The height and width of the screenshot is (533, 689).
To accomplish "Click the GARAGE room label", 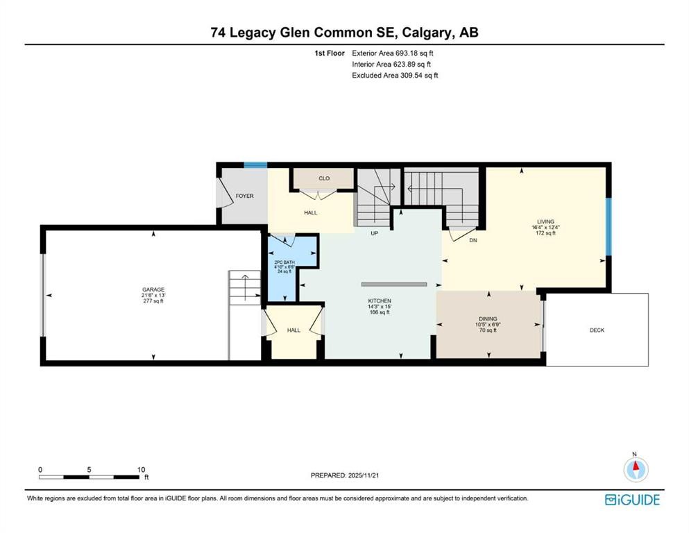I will pyautogui.click(x=153, y=289).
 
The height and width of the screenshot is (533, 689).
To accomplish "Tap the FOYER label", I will pyautogui.click(x=244, y=196).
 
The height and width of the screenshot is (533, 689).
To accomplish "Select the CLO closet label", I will pyautogui.click(x=323, y=178).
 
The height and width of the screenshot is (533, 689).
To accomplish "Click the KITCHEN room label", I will pyautogui.click(x=380, y=301).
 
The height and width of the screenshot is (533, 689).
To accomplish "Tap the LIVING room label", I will pyautogui.click(x=545, y=223).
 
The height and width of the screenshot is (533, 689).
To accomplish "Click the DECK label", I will pyautogui.click(x=597, y=330).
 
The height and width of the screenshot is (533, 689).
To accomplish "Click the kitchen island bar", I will pyautogui.click(x=393, y=284).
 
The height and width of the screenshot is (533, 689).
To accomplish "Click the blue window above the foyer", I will pyautogui.click(x=255, y=165).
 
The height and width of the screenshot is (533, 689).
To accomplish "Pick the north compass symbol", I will pyautogui.click(x=634, y=470).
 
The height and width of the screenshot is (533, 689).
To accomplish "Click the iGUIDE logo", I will pyautogui.click(x=632, y=500).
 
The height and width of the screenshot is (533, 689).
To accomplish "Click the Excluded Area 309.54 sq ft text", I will pyautogui.click(x=395, y=75).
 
